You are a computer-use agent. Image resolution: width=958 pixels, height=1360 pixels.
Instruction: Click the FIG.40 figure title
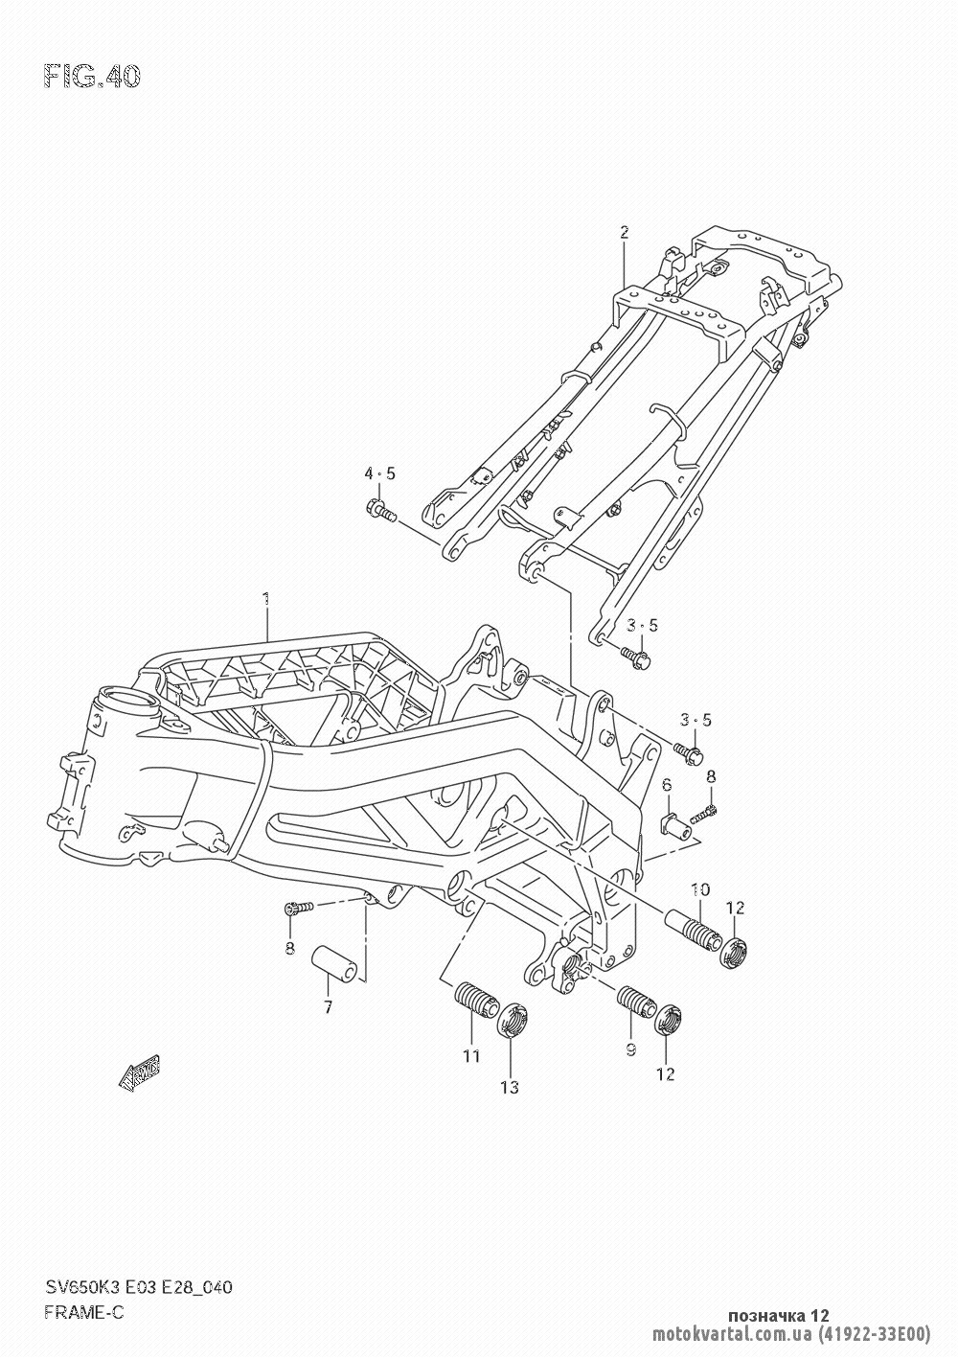tap(92, 76)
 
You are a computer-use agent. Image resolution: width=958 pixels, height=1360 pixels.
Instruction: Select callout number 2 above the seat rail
tap(624, 231)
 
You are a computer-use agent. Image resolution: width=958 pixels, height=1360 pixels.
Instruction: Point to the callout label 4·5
tap(378, 473)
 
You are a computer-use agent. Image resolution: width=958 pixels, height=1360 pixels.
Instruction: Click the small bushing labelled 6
tap(676, 822)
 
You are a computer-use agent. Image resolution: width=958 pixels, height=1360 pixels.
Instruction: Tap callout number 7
tap(328, 1006)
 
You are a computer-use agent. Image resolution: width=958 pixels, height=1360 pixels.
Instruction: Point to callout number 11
tap(470, 1057)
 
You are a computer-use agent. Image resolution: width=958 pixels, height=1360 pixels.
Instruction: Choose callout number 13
tap(509, 1086)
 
